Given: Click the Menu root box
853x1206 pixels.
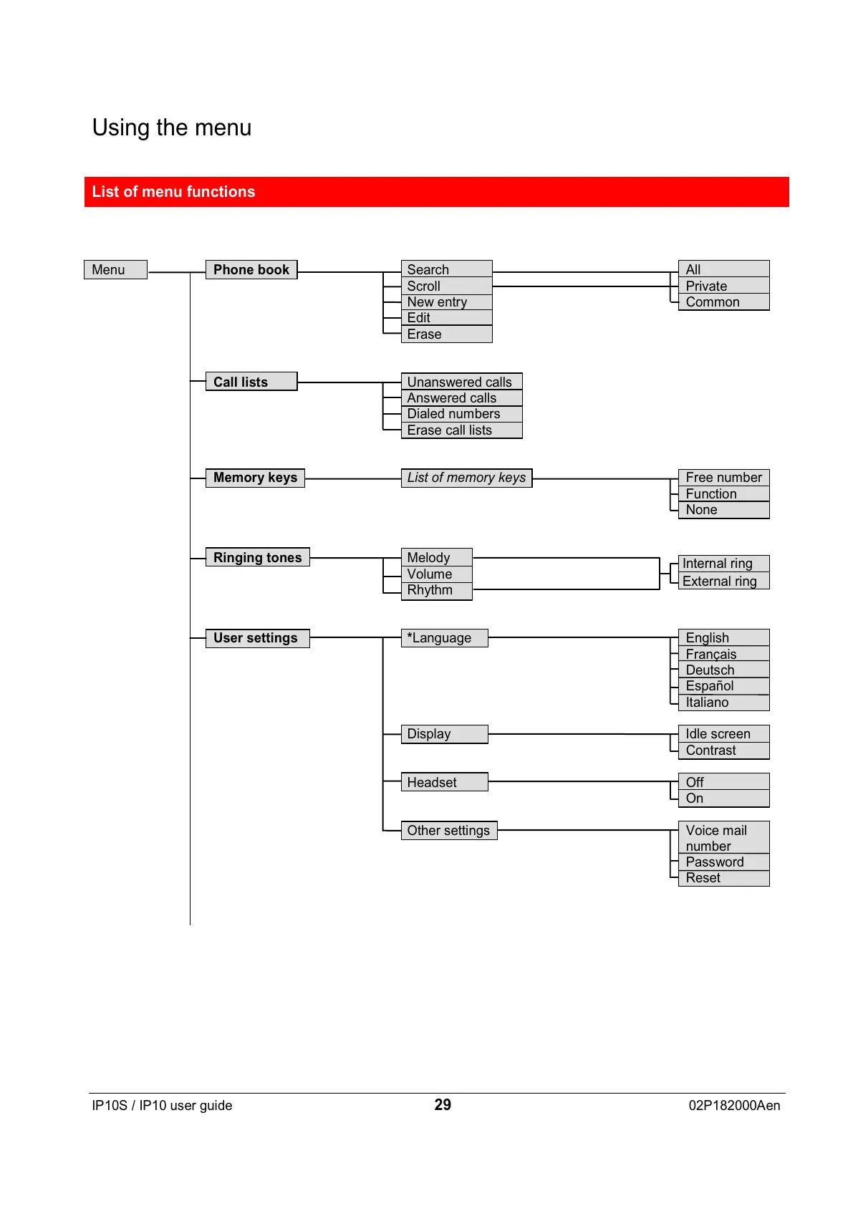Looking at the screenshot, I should point(115,270).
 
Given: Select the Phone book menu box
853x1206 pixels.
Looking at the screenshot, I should point(251,270).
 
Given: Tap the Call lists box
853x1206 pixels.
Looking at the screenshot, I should point(251,382).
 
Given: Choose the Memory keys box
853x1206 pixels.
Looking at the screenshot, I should point(255,478).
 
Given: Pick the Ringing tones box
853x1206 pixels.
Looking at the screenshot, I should point(257,558).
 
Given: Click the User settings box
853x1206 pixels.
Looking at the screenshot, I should point(257,638).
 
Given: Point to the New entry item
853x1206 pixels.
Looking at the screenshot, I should point(446,302).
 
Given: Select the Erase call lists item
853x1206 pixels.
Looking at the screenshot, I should point(461,430).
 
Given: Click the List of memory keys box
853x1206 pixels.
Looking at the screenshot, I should point(466,478).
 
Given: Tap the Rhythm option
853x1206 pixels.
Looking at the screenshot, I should point(436,591).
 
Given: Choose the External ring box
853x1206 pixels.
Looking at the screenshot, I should point(723,582).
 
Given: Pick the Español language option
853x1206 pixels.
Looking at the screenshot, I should point(723,686).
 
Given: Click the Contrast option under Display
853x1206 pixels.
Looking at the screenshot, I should point(723,751).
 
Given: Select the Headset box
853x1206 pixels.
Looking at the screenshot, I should point(444,782).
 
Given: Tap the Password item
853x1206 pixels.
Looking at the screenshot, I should point(723,862).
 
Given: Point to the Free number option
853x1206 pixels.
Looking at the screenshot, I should point(723,478).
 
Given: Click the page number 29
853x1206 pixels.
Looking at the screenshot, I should point(443,1105).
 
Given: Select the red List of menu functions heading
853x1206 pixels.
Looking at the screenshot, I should point(436,192).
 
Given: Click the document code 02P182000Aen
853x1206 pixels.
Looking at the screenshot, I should point(734,1106).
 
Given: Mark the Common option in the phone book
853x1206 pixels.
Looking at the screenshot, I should point(723,302).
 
